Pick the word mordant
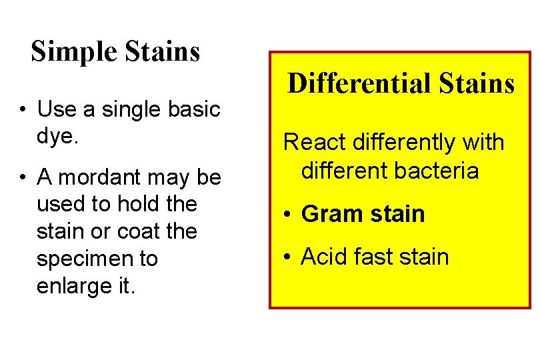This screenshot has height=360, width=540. pos(96,177)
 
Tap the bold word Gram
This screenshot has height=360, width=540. pos(327,214)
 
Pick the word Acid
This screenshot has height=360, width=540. pos(323,257)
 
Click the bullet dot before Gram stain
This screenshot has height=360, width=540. pos(285,215)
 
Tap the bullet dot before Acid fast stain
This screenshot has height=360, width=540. pos(285,258)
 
